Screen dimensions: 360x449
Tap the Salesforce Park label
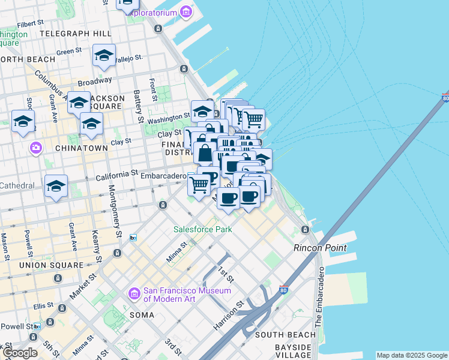coord(202,229)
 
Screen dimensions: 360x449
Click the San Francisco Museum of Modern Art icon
coord(134,294)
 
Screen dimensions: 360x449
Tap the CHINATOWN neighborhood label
coord(80,148)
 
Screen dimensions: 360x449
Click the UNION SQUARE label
coord(51,265)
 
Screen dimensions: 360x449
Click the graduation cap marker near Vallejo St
coord(104,56)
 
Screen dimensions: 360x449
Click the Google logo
coord(20,353)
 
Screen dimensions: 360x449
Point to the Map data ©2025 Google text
coord(412,355)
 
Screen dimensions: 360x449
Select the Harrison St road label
coord(229,315)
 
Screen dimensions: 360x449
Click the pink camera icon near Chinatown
coord(36,147)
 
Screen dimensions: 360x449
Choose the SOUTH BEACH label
coord(285,335)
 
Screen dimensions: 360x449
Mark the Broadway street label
coord(94,81)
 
